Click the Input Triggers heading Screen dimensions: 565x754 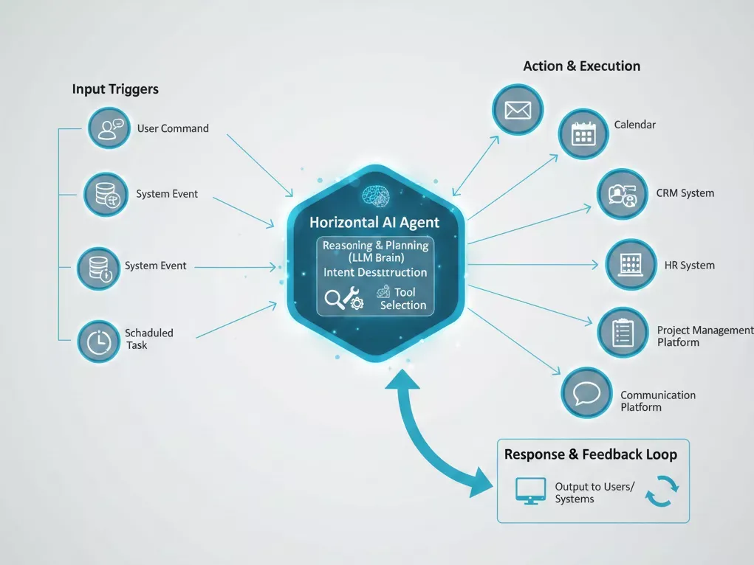tap(115, 89)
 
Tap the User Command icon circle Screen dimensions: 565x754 tap(109, 128)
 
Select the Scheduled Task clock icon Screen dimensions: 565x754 tap(98, 341)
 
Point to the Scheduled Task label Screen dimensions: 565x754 tap(148, 339)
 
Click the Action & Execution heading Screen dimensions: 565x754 tap(581, 66)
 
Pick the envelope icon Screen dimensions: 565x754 tap(518, 111)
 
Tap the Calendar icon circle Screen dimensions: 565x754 tap(583, 134)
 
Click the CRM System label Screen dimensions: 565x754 tap(685, 193)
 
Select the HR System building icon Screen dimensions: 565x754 tap(631, 264)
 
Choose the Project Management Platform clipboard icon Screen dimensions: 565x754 tap(623, 333)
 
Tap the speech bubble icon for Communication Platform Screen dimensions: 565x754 tap(587, 392)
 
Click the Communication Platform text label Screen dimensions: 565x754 tap(657, 401)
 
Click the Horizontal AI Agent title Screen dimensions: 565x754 tap(374, 222)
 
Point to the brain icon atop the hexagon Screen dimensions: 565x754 tap(375, 195)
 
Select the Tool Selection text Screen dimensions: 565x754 tap(403, 299)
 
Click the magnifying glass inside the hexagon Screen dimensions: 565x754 tap(335, 299)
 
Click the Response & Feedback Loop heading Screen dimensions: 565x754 tap(590, 454)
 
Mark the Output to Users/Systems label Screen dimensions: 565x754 tap(594, 493)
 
